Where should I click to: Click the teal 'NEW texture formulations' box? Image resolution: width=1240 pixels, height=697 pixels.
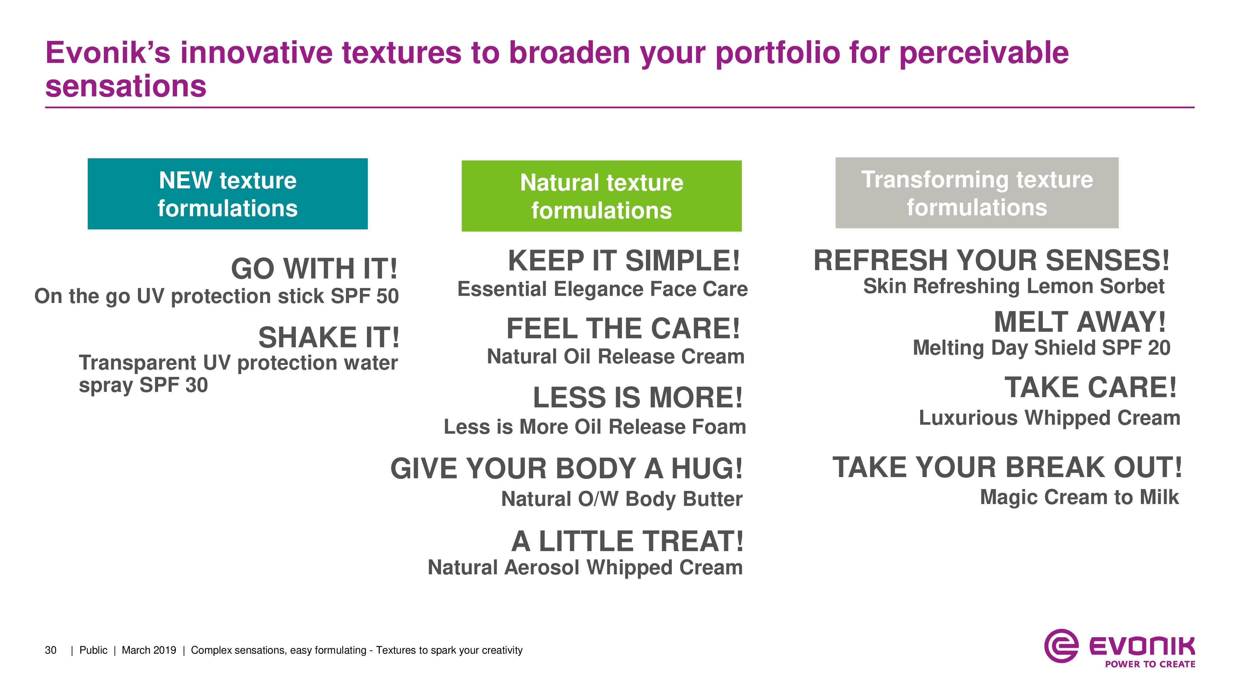pos(228,194)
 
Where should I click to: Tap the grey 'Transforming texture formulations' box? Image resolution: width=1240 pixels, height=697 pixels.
pos(977,193)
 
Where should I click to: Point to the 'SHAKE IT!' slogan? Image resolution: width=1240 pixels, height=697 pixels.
pos(329,337)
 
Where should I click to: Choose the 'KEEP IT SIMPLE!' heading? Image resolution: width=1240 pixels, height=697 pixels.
pos(624,261)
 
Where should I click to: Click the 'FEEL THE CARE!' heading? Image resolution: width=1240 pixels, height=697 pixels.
pos(623,329)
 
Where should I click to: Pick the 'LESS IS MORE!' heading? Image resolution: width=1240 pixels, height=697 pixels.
pos(638,397)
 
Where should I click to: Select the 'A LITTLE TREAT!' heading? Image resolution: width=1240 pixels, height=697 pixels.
pos(627,541)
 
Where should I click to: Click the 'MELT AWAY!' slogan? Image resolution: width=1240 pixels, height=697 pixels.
pos(1080,322)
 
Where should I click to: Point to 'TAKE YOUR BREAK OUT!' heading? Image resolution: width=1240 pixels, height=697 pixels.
pos(1007,467)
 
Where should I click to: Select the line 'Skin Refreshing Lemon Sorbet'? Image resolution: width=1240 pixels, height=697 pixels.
pos(1014,287)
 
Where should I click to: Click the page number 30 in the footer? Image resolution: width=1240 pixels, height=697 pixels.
pos(51,650)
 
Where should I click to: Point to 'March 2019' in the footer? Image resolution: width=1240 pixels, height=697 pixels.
pos(149,650)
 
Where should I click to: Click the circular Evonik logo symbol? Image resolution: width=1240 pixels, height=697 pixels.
pos(1061,646)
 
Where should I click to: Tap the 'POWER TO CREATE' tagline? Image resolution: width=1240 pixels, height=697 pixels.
pos(1150,664)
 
